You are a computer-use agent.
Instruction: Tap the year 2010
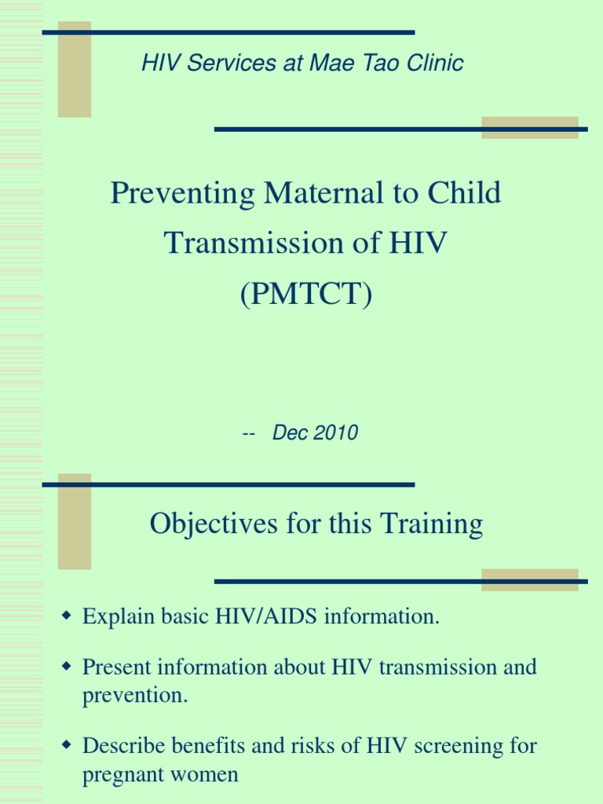tap(336, 433)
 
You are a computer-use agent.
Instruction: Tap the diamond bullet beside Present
tap(66, 667)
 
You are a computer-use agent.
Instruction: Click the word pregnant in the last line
tap(119, 775)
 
